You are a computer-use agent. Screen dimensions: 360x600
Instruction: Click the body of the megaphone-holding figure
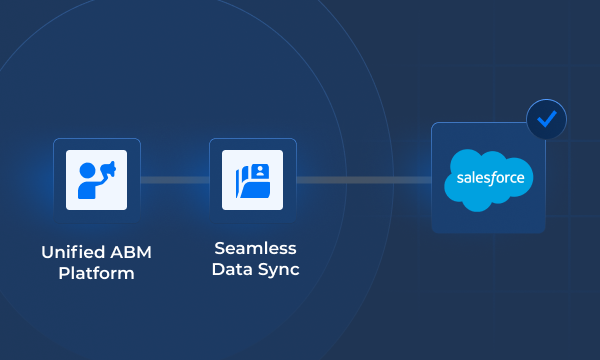click(89, 187)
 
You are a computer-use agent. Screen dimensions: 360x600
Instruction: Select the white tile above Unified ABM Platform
click(97, 180)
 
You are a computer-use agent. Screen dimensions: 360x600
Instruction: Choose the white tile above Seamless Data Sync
click(253, 180)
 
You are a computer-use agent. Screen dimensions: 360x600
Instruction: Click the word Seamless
click(255, 247)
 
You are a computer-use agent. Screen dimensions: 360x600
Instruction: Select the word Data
click(232, 269)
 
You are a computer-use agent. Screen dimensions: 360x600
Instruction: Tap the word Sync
click(278, 269)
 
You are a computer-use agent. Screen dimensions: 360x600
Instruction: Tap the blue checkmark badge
click(546, 119)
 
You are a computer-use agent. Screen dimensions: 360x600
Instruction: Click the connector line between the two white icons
click(175, 180)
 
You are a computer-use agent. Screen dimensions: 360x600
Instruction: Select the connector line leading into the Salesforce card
click(364, 180)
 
